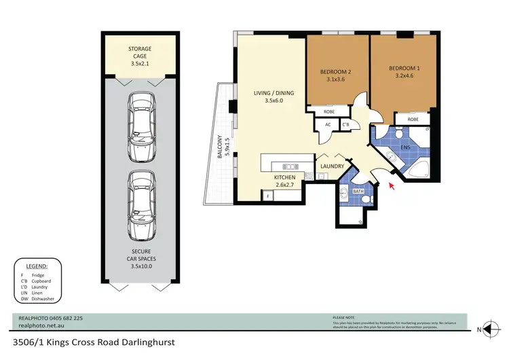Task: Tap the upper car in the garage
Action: coord(140,120)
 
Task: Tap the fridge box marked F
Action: coord(267,197)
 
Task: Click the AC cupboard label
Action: coord(328,124)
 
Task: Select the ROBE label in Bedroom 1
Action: coord(413,120)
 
